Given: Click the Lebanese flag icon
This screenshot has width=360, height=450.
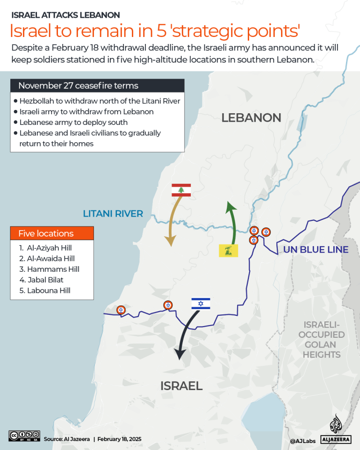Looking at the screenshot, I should click(181, 189).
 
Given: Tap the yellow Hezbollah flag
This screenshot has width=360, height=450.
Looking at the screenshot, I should click(229, 250).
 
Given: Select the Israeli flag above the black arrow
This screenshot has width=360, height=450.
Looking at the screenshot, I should click(201, 304).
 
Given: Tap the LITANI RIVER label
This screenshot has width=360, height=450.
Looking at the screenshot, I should click(113, 214).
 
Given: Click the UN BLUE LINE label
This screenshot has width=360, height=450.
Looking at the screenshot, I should click(316, 249).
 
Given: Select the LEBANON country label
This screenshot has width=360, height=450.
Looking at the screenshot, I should click(251, 117).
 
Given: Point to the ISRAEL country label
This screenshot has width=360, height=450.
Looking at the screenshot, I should click(181, 385).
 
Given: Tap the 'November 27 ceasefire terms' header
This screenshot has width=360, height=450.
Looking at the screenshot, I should click(78, 86).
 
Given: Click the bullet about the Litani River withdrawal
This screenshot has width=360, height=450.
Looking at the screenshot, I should click(100, 101).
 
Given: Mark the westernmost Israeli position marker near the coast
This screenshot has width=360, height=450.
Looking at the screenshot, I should click(121, 310).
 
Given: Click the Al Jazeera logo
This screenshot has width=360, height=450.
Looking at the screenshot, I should click(336, 429).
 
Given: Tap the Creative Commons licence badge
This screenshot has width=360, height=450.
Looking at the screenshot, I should click(24, 435).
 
